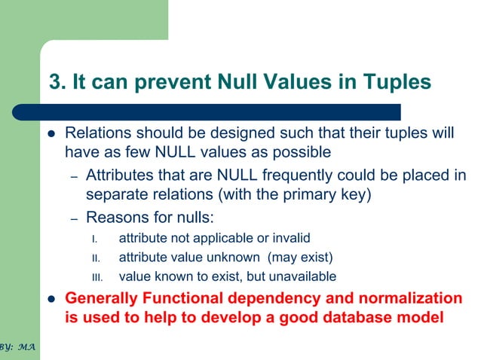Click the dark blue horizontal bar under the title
click(x=219, y=112)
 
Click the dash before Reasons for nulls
click(x=74, y=219)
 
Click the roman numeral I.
click(x=94, y=239)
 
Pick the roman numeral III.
click(x=97, y=276)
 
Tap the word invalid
click(x=290, y=238)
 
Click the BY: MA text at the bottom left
click(x=17, y=349)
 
